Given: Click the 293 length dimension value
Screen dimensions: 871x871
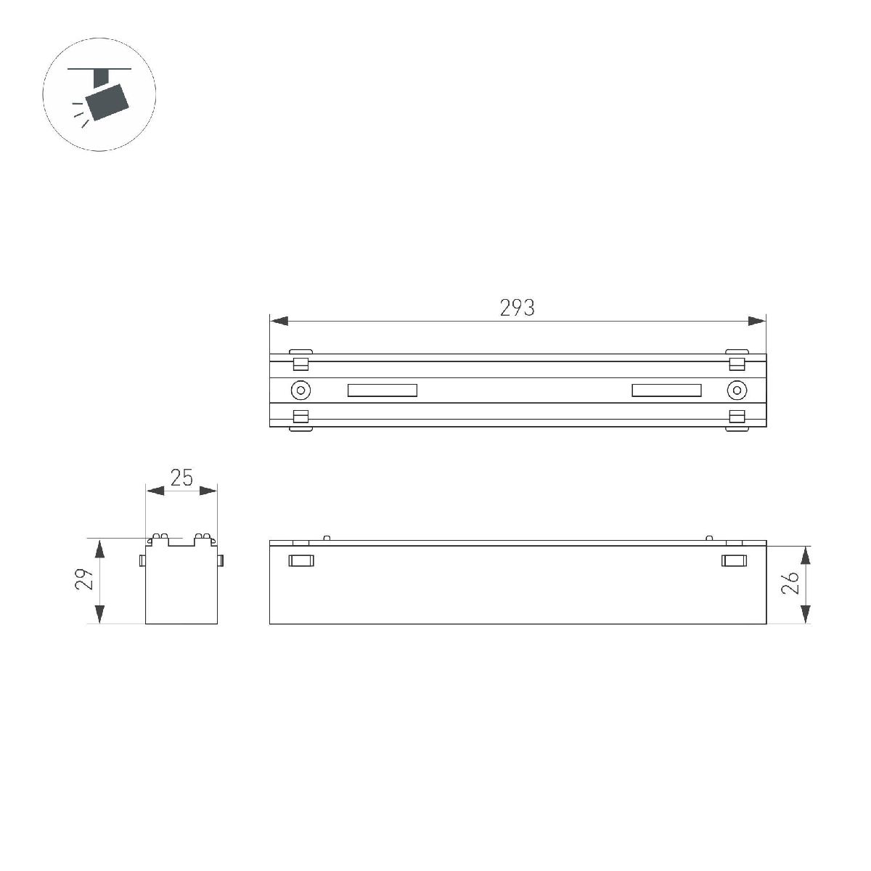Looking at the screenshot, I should [517, 308].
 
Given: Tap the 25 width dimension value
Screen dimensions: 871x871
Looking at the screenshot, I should [181, 478].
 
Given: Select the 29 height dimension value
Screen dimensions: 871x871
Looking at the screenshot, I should [86, 581].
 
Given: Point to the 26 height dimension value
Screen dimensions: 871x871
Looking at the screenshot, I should [791, 582].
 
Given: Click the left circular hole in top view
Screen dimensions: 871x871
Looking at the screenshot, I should [300, 390].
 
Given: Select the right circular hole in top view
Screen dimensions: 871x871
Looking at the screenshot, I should [737, 390].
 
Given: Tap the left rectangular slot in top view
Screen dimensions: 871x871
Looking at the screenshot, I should [383, 390].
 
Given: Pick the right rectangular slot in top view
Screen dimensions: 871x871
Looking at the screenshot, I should [666, 390].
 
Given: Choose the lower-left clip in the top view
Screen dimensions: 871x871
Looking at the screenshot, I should [300, 419].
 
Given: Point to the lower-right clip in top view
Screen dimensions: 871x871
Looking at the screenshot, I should [737, 419].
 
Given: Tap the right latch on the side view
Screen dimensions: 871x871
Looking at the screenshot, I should [734, 560].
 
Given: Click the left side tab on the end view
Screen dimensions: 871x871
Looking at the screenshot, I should [143, 560].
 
